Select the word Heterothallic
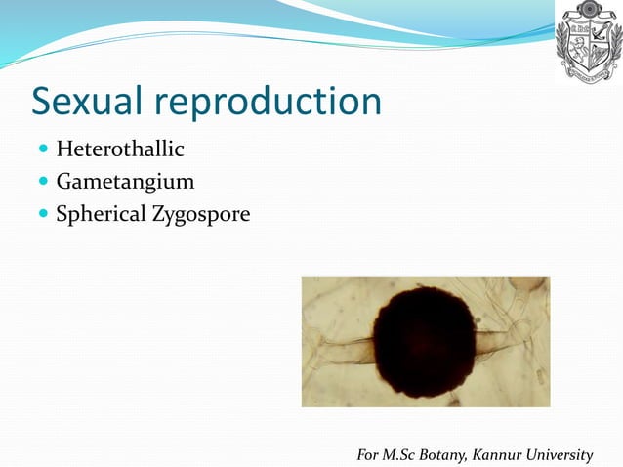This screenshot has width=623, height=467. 120,149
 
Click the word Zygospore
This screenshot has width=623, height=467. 200,214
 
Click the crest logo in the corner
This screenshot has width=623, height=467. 588,41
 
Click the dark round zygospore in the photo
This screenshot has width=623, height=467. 425,343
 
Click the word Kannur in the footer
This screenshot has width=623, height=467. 496,454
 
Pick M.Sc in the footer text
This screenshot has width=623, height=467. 396,454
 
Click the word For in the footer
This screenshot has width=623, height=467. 368,454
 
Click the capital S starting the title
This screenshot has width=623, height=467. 44,103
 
